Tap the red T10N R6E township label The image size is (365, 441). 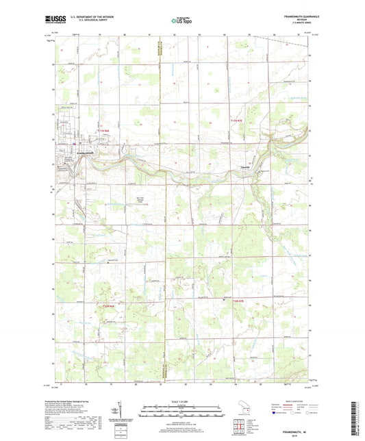[107, 305]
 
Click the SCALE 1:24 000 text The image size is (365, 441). [181, 401]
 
